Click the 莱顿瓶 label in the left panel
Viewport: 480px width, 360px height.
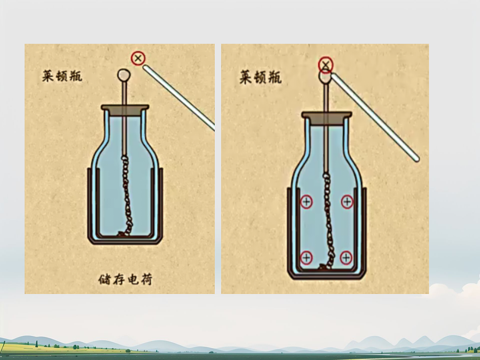[62, 76]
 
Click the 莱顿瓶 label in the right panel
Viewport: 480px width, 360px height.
[260, 77]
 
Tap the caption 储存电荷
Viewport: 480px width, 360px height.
[125, 280]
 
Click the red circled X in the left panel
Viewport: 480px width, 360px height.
[138, 58]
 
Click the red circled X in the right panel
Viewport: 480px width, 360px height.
[326, 65]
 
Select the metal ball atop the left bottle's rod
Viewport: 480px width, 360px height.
[124, 75]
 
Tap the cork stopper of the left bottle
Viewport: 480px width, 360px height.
[125, 110]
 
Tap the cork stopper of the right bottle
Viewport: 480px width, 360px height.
[327, 118]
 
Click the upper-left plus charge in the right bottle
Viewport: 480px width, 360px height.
[306, 202]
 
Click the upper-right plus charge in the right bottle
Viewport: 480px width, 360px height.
[347, 202]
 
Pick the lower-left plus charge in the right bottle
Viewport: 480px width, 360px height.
[306, 258]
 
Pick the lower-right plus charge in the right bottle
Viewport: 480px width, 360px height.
[346, 258]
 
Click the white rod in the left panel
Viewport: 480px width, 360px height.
[179, 98]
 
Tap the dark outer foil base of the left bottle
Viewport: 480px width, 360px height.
[125, 240]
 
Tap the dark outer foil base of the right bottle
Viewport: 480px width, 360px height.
[327, 276]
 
